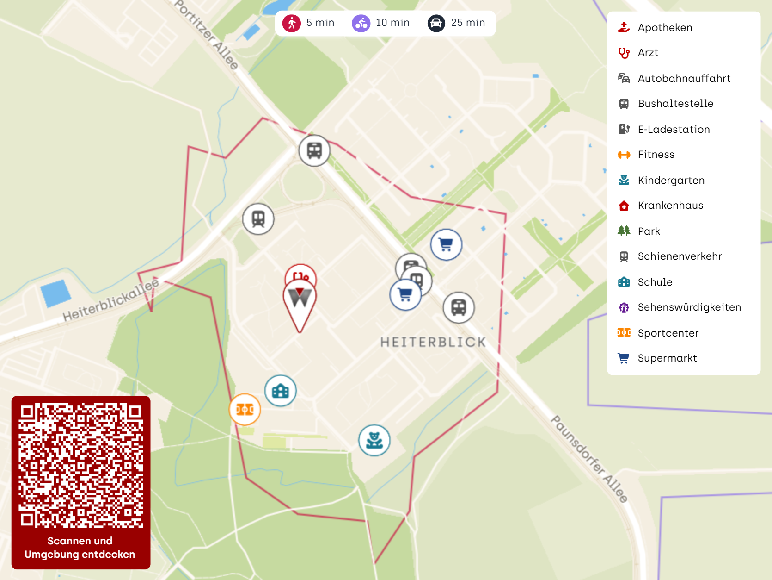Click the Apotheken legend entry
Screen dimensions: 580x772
tap(665, 28)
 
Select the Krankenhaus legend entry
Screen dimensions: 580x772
tap(670, 206)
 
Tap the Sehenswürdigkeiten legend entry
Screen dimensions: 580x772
tap(689, 307)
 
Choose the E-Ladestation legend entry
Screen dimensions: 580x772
tap(674, 130)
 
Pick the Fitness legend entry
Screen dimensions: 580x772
tap(656, 155)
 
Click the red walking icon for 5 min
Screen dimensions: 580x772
tap(292, 23)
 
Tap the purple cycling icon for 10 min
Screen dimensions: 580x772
tap(361, 23)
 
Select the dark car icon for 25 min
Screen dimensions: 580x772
tap(436, 23)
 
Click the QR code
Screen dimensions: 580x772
tap(81, 465)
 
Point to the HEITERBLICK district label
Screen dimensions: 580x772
tap(433, 342)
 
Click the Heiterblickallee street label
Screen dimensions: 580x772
tap(111, 300)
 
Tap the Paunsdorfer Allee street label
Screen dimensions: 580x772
tap(589, 459)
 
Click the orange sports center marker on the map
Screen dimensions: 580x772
tap(245, 409)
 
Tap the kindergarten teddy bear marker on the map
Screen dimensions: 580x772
tap(374, 440)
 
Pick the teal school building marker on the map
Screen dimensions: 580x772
tap(281, 391)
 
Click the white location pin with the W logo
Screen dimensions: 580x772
tap(300, 301)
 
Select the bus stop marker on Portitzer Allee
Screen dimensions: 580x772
tap(314, 150)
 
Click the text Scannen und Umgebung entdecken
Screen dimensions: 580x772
tap(80, 548)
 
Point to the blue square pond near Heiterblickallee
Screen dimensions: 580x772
tap(55, 293)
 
